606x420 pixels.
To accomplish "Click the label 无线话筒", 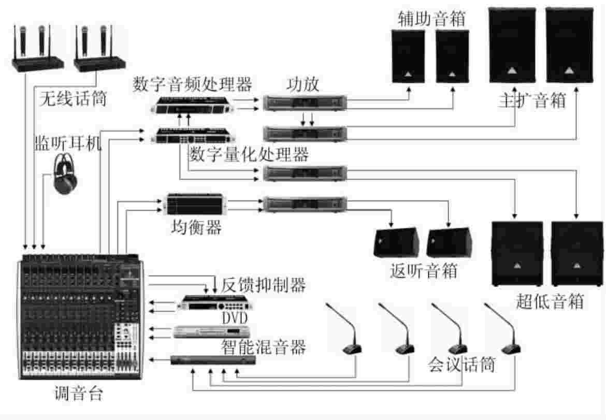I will [x=73, y=98].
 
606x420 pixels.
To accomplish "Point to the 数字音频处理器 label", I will [x=192, y=84].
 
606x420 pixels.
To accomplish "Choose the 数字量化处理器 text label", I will [x=249, y=154].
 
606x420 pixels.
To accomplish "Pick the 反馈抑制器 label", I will [x=264, y=284].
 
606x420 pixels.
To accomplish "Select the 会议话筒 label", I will [x=461, y=365].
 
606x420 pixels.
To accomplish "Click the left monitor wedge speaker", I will [x=395, y=242].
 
